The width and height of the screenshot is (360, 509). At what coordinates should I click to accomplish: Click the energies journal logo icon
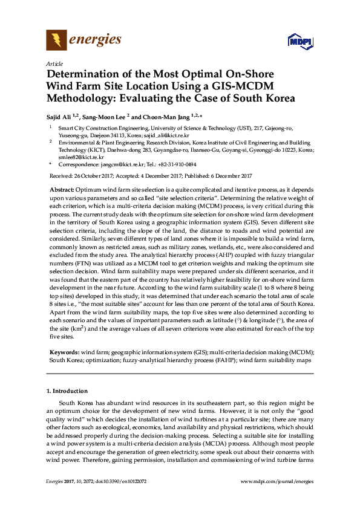pos(56,41)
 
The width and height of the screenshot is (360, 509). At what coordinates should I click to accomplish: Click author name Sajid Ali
pos(61,117)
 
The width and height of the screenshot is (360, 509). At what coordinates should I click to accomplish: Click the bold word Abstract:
pos(63,190)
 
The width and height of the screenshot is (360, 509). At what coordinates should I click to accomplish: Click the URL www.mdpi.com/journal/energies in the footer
pos(277,482)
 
